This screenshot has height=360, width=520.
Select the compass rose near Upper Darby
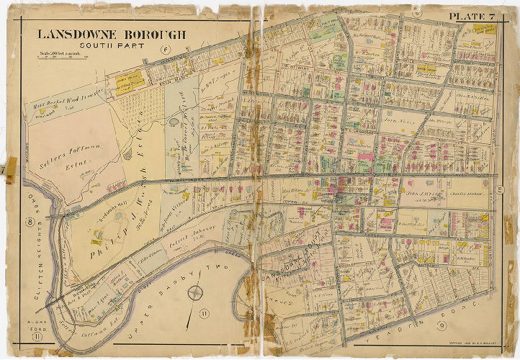tap(194, 294)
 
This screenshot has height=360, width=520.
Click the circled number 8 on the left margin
tap(30, 222)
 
